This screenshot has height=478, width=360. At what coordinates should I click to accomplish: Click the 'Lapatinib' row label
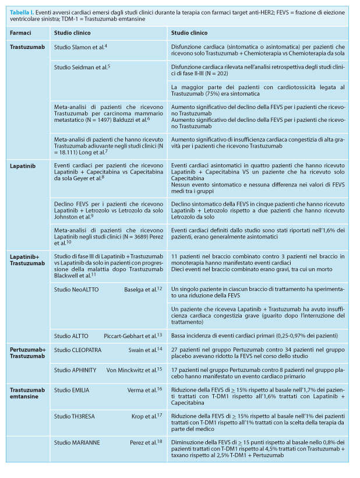tap(22, 166)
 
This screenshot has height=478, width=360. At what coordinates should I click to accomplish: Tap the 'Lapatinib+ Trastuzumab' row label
tap(27, 259)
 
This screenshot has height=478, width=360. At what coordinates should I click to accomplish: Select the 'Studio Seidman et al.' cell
tap(81, 67)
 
